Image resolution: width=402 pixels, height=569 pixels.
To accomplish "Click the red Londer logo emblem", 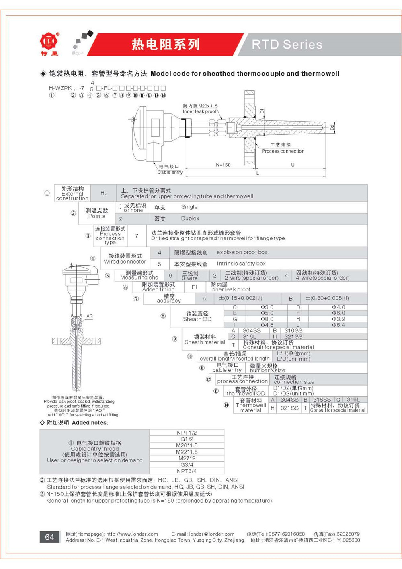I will coord(49,41).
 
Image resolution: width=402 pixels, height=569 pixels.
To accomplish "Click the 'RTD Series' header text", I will coord(287,44).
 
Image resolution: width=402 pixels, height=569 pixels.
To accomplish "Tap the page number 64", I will coord(49,537).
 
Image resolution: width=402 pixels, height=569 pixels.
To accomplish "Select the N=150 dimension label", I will coord(223,165).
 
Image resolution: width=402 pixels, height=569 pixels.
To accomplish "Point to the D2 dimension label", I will coord(332,128).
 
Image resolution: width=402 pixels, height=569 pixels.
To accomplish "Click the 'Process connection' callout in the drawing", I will coord(283,151).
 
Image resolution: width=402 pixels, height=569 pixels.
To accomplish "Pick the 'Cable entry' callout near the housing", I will coord(170,172).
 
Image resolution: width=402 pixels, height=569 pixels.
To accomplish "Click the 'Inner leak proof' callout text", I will coord(199,111).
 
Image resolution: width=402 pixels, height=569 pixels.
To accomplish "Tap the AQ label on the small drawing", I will coord(90,316).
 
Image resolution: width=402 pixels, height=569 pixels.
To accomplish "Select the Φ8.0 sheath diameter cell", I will coord(267,319).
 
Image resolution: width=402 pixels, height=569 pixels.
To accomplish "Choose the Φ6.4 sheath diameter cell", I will coord(338,325).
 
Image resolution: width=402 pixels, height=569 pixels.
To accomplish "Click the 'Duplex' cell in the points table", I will coord(190,219).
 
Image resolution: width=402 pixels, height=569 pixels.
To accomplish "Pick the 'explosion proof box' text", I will coord(242,252).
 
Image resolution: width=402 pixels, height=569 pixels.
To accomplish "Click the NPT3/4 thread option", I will coord(187,471).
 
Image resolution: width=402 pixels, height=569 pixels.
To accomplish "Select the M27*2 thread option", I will coord(187,458).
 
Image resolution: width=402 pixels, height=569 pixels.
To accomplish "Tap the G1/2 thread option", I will coord(187,439).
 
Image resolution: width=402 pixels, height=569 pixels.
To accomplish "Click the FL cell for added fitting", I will coord(195,287).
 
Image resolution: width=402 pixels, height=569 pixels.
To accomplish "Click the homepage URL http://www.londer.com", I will coord(132,534).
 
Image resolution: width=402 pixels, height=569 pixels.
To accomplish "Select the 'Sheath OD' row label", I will coord(197,319).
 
